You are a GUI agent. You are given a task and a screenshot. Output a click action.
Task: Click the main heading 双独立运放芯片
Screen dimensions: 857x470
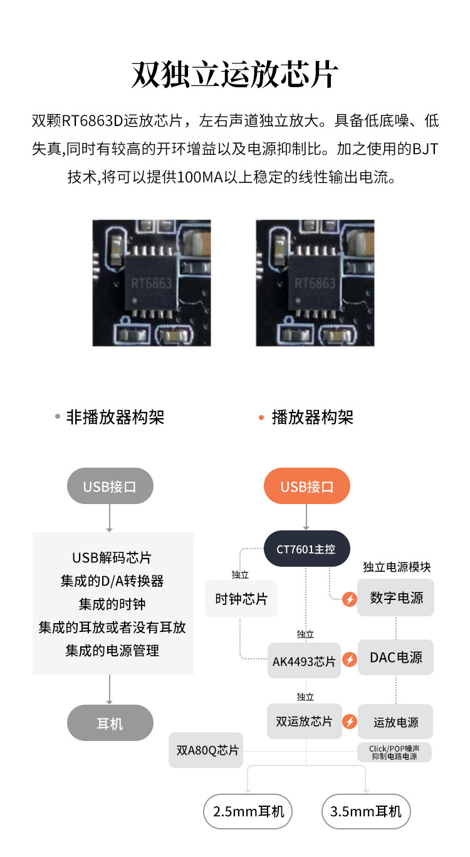coord(235,75)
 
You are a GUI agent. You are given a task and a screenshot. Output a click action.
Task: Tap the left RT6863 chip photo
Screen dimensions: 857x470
coord(152,283)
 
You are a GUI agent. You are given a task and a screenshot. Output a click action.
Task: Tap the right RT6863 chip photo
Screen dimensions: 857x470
coord(315,283)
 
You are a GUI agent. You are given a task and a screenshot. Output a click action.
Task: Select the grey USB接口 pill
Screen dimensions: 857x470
coord(110,486)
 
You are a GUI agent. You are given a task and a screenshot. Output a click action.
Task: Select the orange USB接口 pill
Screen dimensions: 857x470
coord(306,486)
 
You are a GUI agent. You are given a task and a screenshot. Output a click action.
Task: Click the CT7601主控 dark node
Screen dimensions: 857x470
coord(306,549)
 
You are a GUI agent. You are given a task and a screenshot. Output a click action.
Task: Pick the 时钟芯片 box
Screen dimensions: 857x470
coord(241,599)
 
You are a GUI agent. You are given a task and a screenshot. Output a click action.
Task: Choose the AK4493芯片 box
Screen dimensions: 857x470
coord(304,661)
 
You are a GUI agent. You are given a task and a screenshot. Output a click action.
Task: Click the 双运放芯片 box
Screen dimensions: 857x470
coord(305,721)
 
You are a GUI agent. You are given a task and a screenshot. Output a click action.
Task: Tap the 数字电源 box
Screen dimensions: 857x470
coord(396,597)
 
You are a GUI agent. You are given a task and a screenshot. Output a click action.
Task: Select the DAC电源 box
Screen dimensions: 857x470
coord(396,658)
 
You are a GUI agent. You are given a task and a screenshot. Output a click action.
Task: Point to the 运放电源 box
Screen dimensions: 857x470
coord(396,722)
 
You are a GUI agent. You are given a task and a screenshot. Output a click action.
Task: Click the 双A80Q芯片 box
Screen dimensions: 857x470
coord(206,750)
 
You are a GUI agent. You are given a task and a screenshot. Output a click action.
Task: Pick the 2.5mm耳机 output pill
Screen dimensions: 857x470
coord(248,811)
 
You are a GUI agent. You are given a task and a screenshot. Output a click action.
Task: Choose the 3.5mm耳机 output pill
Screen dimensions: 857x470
coord(366,811)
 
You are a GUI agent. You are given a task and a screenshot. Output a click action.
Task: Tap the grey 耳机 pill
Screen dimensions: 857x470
coord(110,723)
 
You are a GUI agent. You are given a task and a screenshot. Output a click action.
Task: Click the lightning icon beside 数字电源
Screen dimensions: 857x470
coord(350,599)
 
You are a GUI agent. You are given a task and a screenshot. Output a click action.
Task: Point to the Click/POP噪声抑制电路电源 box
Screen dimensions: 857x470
coord(395,752)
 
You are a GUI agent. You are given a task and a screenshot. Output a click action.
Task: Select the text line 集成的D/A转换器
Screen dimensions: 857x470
coord(112,581)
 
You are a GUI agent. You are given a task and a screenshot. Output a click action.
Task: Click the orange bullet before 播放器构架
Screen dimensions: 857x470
coord(261,418)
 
